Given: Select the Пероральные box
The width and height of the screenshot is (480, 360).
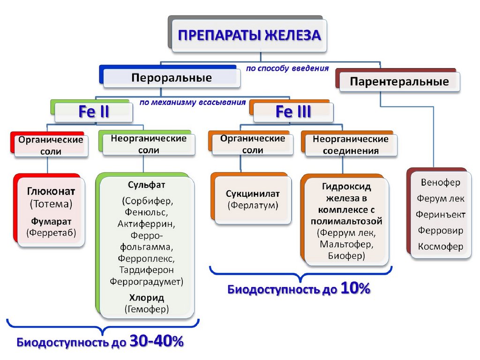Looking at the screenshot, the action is [x=171, y=77].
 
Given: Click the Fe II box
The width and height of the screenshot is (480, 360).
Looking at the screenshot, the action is [x=94, y=112].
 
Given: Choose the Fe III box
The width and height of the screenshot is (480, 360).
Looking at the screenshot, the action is [x=293, y=112].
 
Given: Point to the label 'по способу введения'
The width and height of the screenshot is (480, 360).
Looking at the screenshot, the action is [x=287, y=68].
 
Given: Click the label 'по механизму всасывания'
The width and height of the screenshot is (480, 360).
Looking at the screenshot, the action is [x=193, y=102].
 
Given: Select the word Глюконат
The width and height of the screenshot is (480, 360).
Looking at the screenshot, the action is [x=51, y=192].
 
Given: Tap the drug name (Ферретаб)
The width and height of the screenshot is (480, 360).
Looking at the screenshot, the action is [x=51, y=232].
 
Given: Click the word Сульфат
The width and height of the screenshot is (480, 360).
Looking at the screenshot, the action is [x=146, y=185].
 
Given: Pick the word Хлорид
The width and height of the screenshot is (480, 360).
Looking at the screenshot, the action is [x=146, y=298].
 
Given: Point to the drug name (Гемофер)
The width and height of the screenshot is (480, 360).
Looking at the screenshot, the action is [x=146, y=308].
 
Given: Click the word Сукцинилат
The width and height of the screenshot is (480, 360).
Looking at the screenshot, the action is [x=253, y=194].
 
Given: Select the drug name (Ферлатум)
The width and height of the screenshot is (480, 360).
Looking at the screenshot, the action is [x=253, y=205].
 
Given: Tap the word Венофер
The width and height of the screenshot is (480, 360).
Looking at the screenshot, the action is [x=441, y=182].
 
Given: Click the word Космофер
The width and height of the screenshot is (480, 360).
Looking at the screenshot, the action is [x=441, y=247].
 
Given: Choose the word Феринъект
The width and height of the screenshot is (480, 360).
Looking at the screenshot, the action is [x=441, y=214].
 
